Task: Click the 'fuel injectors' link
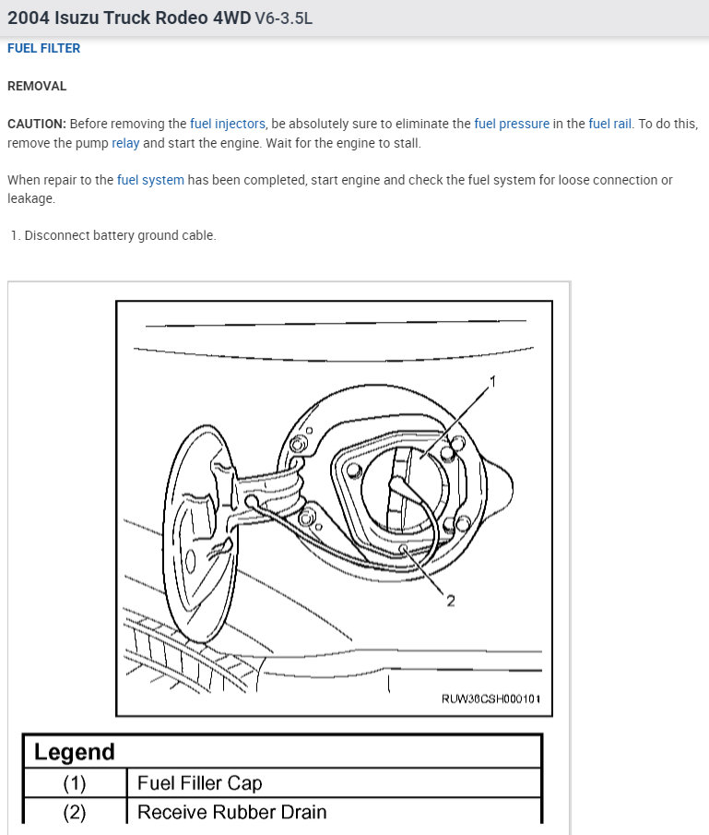pyautogui.click(x=228, y=124)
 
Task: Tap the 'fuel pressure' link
pyautogui.click(x=512, y=124)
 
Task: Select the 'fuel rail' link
pyautogui.click(x=610, y=124)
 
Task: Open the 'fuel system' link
pyautogui.click(x=150, y=180)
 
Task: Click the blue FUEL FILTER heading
pyautogui.click(x=43, y=49)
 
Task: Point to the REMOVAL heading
pyautogui.click(x=37, y=86)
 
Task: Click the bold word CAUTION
pyautogui.click(x=36, y=124)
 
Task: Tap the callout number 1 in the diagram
pyautogui.click(x=492, y=381)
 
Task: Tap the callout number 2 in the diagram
pyautogui.click(x=451, y=601)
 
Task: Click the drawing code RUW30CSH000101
pyautogui.click(x=490, y=700)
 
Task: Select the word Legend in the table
pyautogui.click(x=75, y=752)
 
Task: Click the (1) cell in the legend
pyautogui.click(x=74, y=783)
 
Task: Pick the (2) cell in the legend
pyautogui.click(x=74, y=813)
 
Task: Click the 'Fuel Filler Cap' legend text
pyautogui.click(x=199, y=783)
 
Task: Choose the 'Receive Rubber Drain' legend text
pyautogui.click(x=231, y=813)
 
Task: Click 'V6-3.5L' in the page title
pyautogui.click(x=283, y=18)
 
